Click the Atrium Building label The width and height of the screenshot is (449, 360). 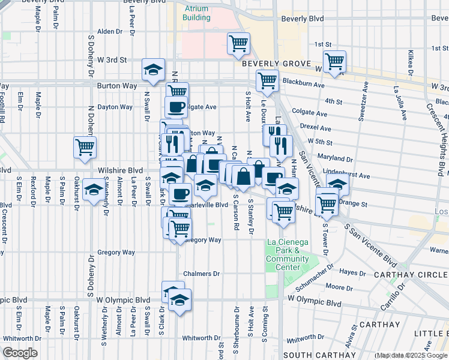pos(197,13)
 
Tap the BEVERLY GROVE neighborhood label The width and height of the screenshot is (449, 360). pos(276,64)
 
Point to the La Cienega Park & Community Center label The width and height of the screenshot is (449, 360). pos(287,254)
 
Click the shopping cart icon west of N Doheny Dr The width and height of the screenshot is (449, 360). pos(85,146)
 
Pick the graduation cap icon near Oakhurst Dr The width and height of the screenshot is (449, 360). pos(93,191)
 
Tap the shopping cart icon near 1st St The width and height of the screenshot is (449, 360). pos(334,61)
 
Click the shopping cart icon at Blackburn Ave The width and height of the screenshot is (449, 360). pos(267,80)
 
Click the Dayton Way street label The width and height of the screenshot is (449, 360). pos(115,107)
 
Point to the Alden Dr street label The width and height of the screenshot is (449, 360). pos(109,31)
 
